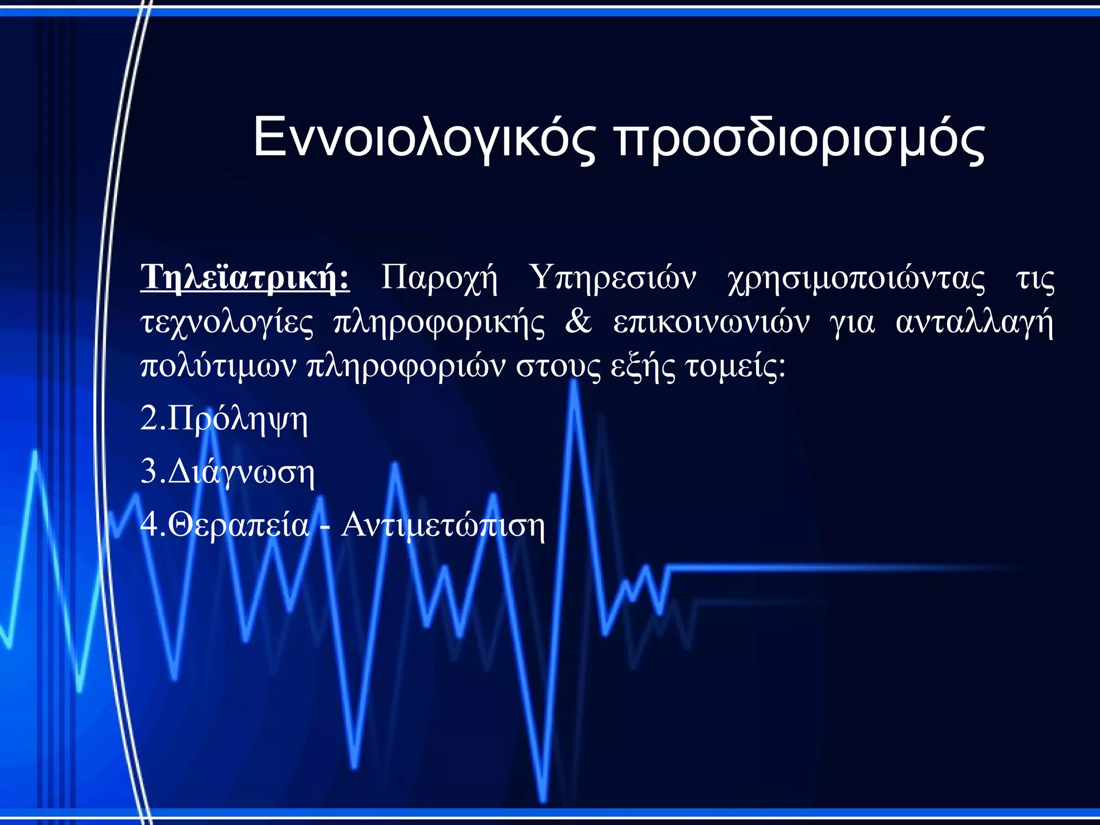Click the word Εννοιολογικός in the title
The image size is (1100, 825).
coord(424,139)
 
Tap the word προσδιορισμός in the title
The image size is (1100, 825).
coord(800,139)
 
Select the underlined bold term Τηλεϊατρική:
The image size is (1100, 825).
coord(245,278)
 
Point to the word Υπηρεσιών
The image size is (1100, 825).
coord(612,278)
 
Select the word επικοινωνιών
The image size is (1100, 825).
coord(711,322)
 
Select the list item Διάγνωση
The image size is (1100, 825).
coord(241,473)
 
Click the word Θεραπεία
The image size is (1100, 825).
coord(239,525)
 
